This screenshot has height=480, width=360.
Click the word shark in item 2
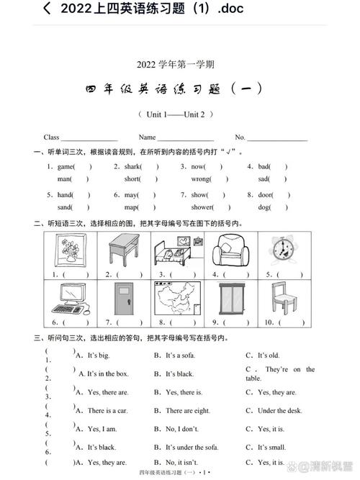(x=130, y=166)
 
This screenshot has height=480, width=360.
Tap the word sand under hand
(x=65, y=207)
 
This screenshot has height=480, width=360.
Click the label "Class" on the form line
(x=52, y=137)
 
